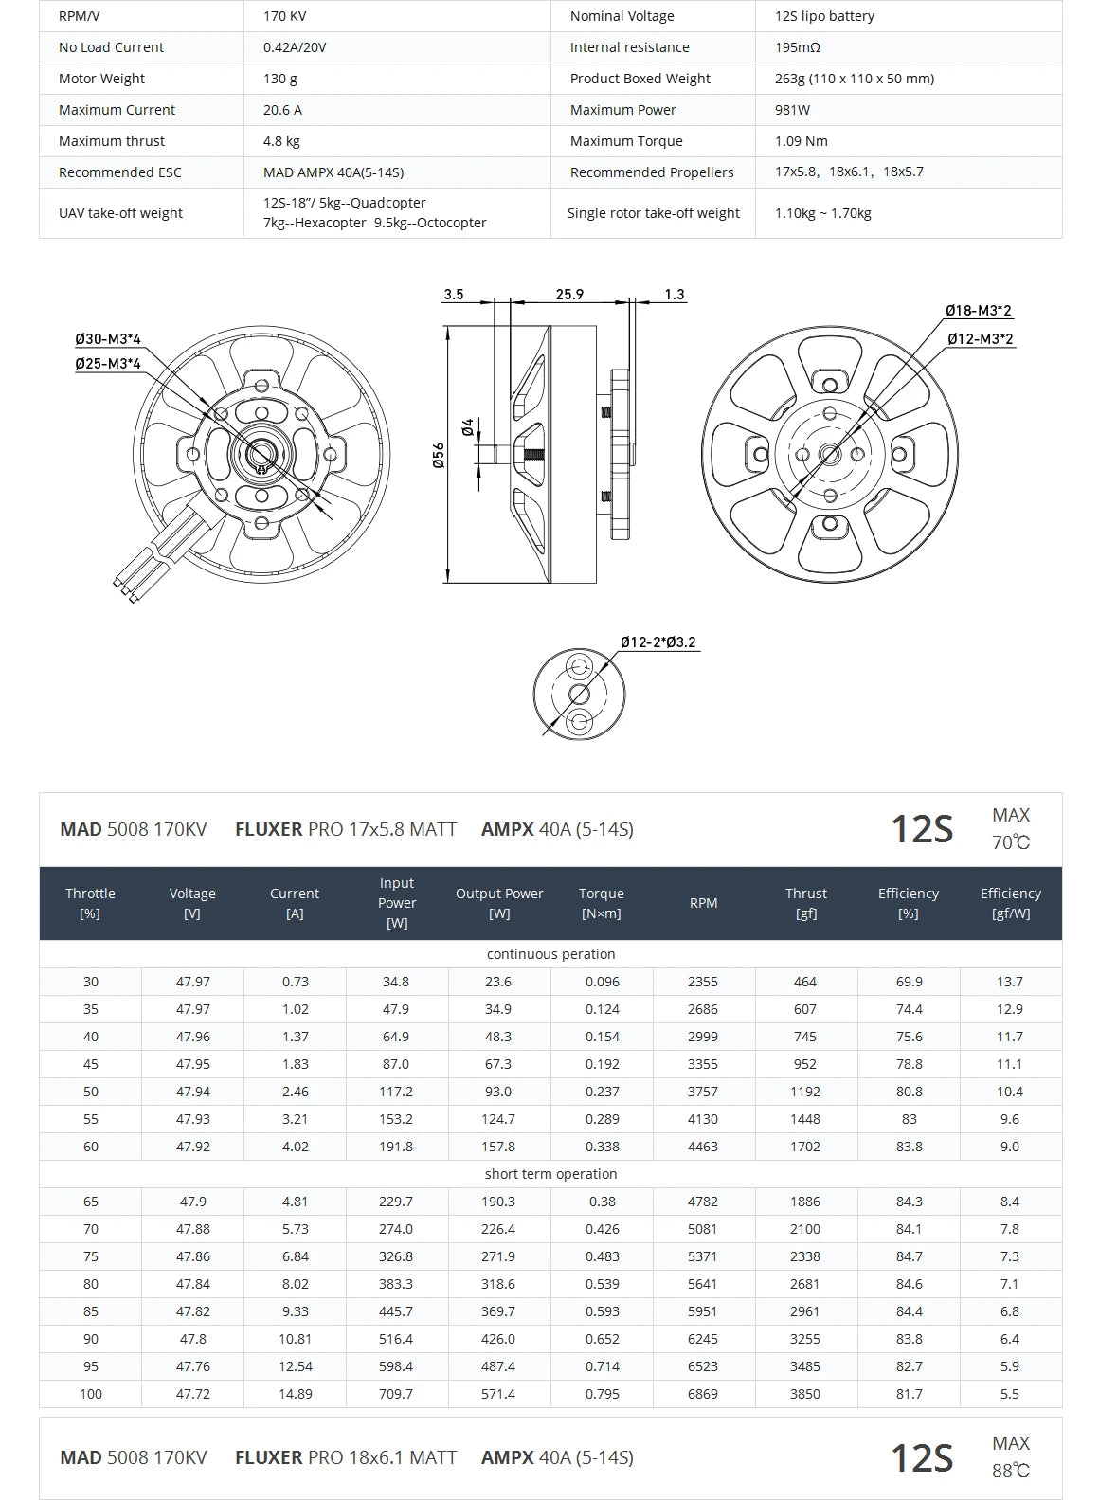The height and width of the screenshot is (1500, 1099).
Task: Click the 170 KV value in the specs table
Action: point(285,16)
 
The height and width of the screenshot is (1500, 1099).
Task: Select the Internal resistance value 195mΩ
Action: point(797,47)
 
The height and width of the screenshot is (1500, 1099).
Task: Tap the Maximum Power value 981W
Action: point(792,110)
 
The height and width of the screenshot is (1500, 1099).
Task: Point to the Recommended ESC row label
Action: point(119,172)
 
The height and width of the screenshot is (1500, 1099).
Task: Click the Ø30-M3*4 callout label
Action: point(108,339)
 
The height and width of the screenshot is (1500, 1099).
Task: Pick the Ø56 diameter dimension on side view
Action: point(439,455)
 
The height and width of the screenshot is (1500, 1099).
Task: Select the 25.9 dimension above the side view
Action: point(569,295)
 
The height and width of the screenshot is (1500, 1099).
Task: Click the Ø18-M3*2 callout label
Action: point(979,311)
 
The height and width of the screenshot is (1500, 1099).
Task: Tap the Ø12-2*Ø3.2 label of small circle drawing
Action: point(658,642)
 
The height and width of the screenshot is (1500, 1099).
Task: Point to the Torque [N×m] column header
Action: point(602,903)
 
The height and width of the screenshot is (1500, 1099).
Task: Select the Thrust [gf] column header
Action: point(805,903)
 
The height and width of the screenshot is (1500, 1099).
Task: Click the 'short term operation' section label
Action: point(550,1174)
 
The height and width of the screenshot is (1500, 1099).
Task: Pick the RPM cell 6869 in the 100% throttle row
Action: point(703,1394)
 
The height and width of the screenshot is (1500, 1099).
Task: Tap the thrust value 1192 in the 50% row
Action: point(805,1092)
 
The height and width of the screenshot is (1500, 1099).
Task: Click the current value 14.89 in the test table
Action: point(295,1394)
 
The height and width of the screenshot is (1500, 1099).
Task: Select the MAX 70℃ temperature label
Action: point(1011,829)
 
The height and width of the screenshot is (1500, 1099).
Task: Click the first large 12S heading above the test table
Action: point(921,829)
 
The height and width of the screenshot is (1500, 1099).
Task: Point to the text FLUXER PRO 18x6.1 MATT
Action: point(346,1457)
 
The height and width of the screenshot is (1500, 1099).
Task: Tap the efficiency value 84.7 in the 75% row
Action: point(909,1256)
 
